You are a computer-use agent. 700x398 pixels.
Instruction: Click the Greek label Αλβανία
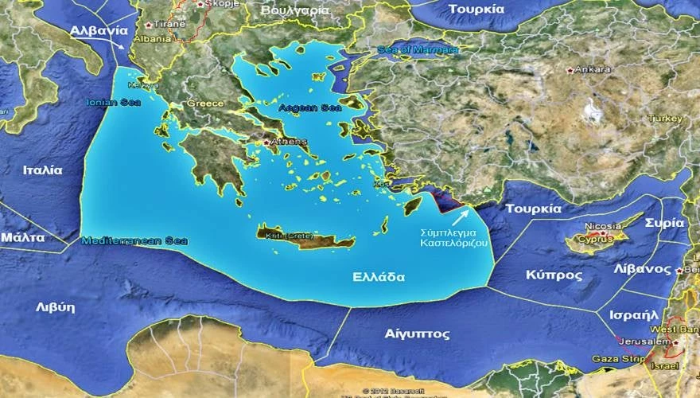tap(99, 31)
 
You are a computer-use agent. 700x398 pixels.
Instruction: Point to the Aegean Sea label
tap(300, 106)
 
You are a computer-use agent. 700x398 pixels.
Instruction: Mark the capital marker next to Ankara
tap(570, 70)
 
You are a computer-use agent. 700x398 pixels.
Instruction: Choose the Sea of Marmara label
tap(418, 50)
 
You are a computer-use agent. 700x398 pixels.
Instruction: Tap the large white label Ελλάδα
tap(379, 278)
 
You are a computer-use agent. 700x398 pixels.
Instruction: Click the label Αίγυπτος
tap(416, 334)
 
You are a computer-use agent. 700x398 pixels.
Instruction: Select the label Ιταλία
tap(42, 170)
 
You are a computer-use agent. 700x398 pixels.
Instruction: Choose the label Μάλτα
tap(22, 237)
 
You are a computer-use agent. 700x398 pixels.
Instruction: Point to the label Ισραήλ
tap(633, 314)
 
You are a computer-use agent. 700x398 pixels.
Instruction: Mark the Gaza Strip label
tap(616, 360)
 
